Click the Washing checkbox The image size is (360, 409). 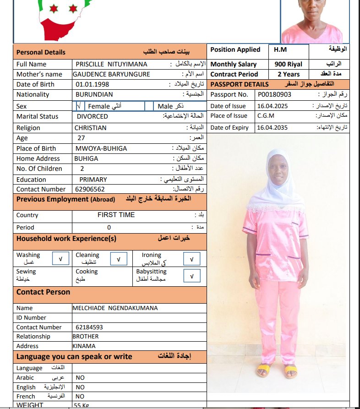60,259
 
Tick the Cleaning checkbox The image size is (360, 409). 119,259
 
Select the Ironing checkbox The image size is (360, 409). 191,259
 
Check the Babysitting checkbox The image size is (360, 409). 191,276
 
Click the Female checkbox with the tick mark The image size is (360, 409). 79,106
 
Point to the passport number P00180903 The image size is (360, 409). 274,94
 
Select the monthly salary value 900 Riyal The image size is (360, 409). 289,65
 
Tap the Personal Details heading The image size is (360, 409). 41,52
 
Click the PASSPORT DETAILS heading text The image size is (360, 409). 240,84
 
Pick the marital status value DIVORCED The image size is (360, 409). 92,116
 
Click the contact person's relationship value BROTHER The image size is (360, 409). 86,336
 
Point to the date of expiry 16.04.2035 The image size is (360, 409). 272,128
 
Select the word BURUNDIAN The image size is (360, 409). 94,94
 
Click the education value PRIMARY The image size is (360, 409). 93,180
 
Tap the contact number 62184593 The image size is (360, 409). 89,327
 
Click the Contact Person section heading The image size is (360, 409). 44,292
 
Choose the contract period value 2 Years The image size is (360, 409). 289,74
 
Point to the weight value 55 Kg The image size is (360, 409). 81,405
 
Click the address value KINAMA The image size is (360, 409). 84,346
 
